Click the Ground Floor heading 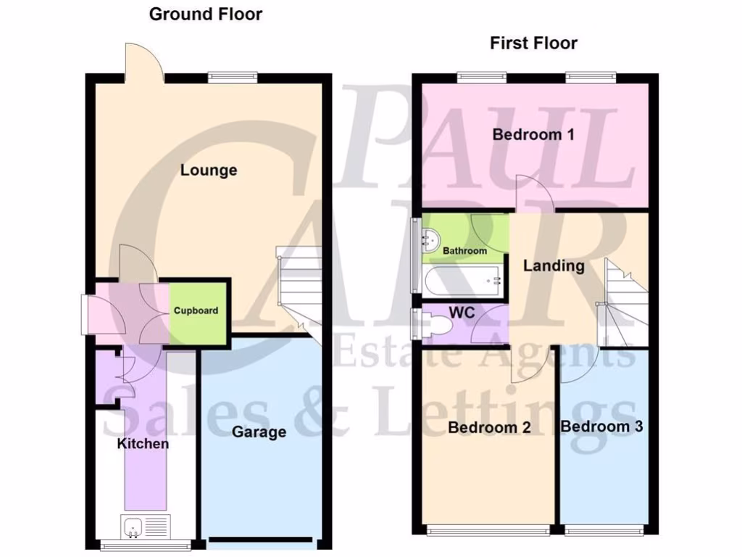[205, 14]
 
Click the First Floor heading [533, 43]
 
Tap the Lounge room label [209, 170]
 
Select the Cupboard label [196, 311]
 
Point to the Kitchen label [143, 443]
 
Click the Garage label [259, 432]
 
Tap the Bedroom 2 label [489, 427]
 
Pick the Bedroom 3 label [601, 426]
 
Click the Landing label [554, 265]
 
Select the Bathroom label [464, 251]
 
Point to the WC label [461, 311]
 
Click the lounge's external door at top [142, 62]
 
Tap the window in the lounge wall [233, 75]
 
